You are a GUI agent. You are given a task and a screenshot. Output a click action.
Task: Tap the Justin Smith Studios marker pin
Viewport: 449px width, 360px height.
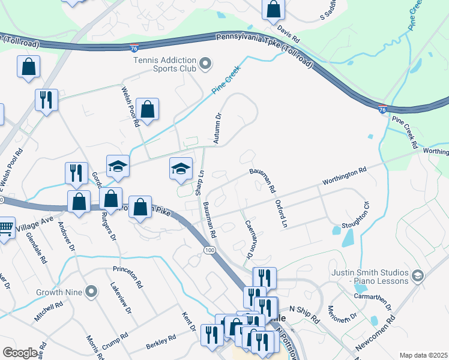(x=418, y=276)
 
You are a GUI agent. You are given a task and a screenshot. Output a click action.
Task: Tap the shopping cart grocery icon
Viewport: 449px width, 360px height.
(x=5, y=228)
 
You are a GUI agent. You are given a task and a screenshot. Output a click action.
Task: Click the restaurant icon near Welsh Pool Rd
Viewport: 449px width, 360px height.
(x=46, y=100)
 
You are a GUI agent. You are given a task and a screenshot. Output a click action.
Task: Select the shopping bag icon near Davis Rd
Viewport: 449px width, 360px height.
(x=273, y=9)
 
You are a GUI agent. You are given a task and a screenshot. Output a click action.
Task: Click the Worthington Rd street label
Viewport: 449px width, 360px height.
(x=344, y=176)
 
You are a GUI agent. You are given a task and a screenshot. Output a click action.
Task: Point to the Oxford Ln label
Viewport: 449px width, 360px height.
(x=281, y=214)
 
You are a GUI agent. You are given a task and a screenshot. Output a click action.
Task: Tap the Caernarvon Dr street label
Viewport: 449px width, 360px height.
(x=248, y=239)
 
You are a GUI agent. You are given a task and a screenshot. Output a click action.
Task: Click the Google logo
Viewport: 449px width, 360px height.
(x=20, y=352)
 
